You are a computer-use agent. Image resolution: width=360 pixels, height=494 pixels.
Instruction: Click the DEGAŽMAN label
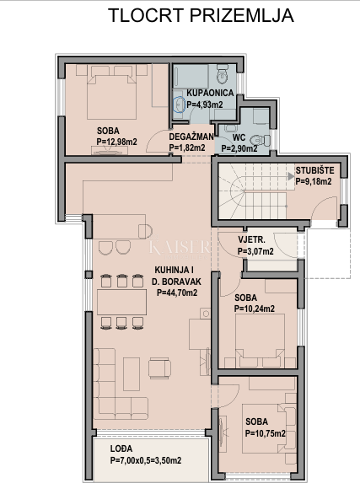coord(191,136)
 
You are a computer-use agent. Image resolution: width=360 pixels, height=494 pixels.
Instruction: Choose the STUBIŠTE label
coord(314,169)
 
